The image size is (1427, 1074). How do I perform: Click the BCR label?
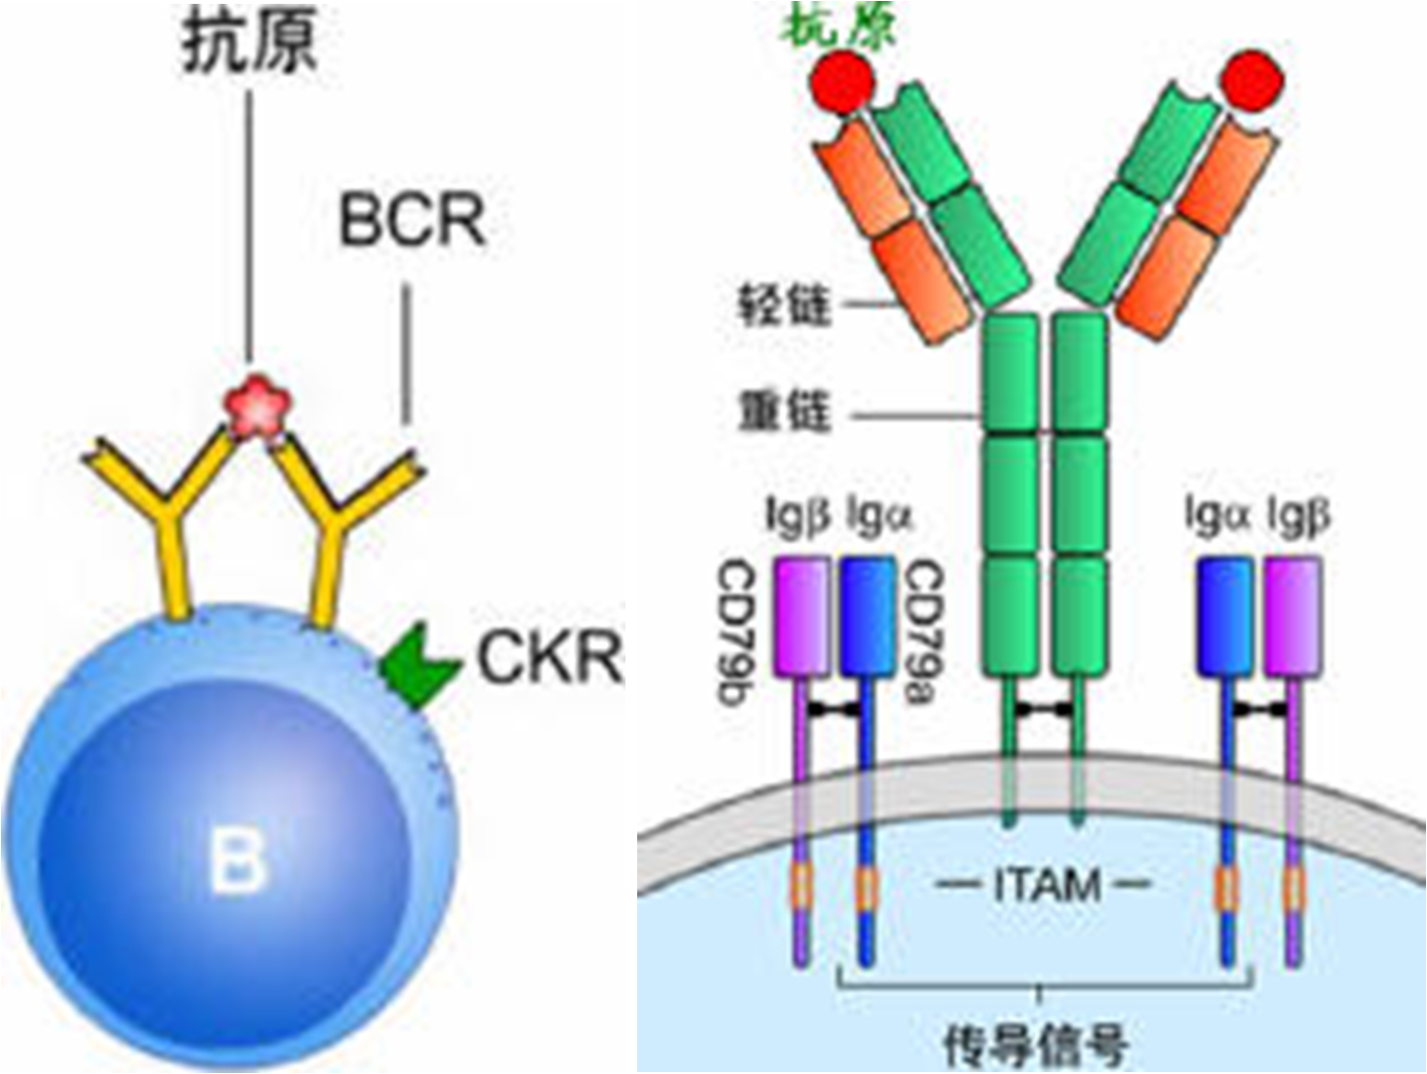(x=411, y=221)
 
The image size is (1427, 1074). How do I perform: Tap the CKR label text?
(x=549, y=658)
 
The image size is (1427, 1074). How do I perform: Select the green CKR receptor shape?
(x=416, y=666)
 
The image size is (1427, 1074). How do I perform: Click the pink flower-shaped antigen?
(x=259, y=408)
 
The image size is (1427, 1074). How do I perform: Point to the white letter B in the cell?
(x=237, y=859)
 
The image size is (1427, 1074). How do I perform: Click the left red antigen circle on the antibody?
(x=842, y=82)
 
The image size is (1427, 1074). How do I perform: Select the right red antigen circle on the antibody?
(x=1254, y=81)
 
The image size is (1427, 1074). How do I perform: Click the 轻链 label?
(x=785, y=305)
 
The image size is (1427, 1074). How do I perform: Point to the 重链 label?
(x=785, y=411)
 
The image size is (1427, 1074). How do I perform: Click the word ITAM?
(x=1047, y=885)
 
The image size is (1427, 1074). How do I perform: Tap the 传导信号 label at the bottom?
(x=1037, y=1043)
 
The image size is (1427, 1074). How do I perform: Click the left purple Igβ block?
(x=803, y=616)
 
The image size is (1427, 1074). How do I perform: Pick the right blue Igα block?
(x=1225, y=616)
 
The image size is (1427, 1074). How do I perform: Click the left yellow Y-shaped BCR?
(x=167, y=516)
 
